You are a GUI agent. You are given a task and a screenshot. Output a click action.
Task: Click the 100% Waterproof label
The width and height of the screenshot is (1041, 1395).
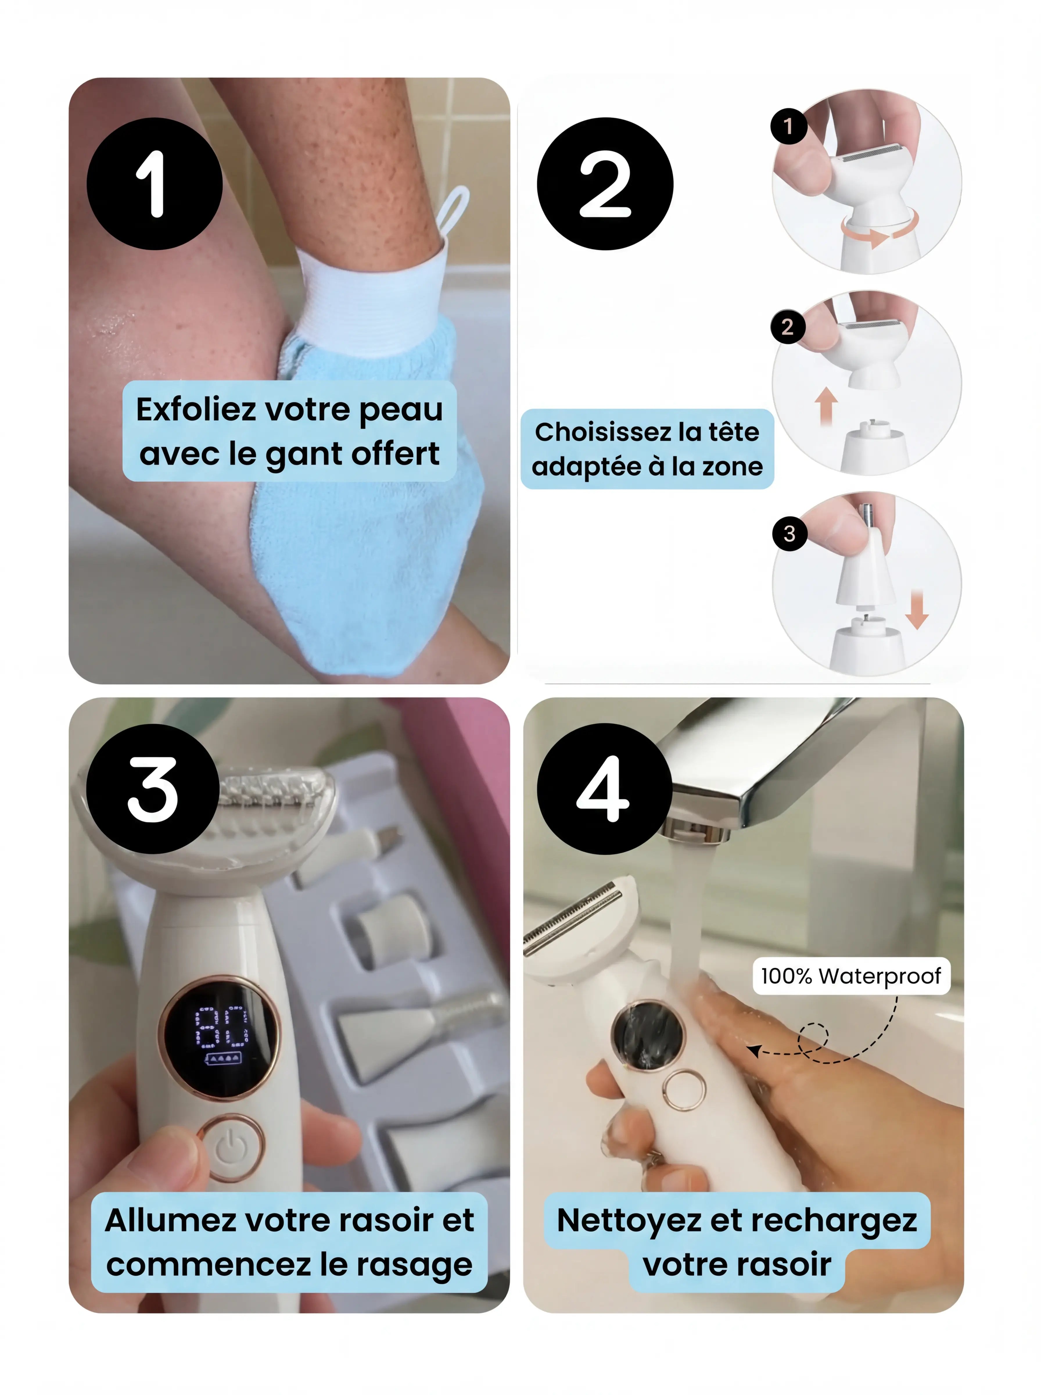(x=851, y=976)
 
